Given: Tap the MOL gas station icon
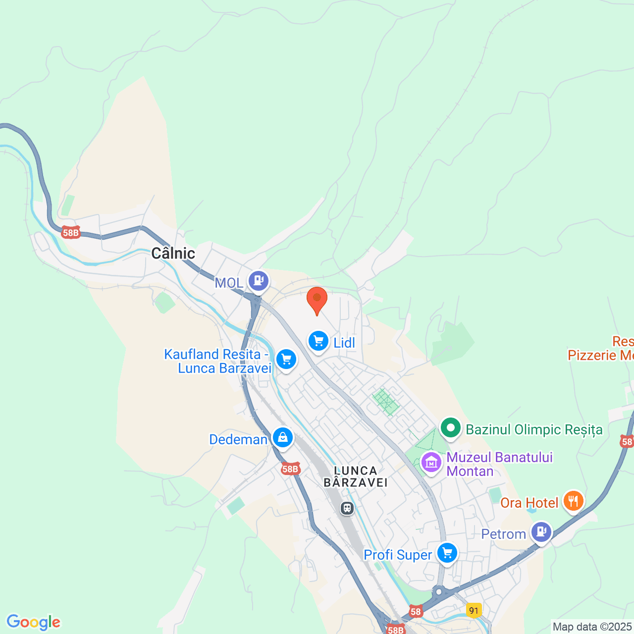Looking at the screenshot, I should [258, 281].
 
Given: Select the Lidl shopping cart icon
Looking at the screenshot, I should [318, 341].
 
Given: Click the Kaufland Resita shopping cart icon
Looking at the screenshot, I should [286, 359].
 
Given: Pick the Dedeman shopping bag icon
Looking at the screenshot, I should [282, 437].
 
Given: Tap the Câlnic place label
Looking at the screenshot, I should [173, 253].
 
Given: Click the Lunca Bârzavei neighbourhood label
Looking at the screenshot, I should [356, 476].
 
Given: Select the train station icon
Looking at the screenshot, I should [347, 508].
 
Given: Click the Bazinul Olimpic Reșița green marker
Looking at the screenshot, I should [450, 427].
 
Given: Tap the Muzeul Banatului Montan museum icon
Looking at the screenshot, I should [431, 462].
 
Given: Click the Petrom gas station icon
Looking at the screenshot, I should [541, 532].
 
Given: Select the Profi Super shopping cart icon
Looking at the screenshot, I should [447, 552].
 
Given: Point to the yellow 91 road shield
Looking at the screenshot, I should [474, 610].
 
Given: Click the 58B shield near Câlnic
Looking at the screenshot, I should [71, 232].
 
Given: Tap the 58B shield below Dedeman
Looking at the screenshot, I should [290, 469].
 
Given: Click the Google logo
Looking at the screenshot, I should [34, 622].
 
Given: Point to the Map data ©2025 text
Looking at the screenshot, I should [592, 627].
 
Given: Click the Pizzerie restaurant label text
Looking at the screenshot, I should [600, 355].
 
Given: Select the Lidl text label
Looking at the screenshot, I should [344, 342].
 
